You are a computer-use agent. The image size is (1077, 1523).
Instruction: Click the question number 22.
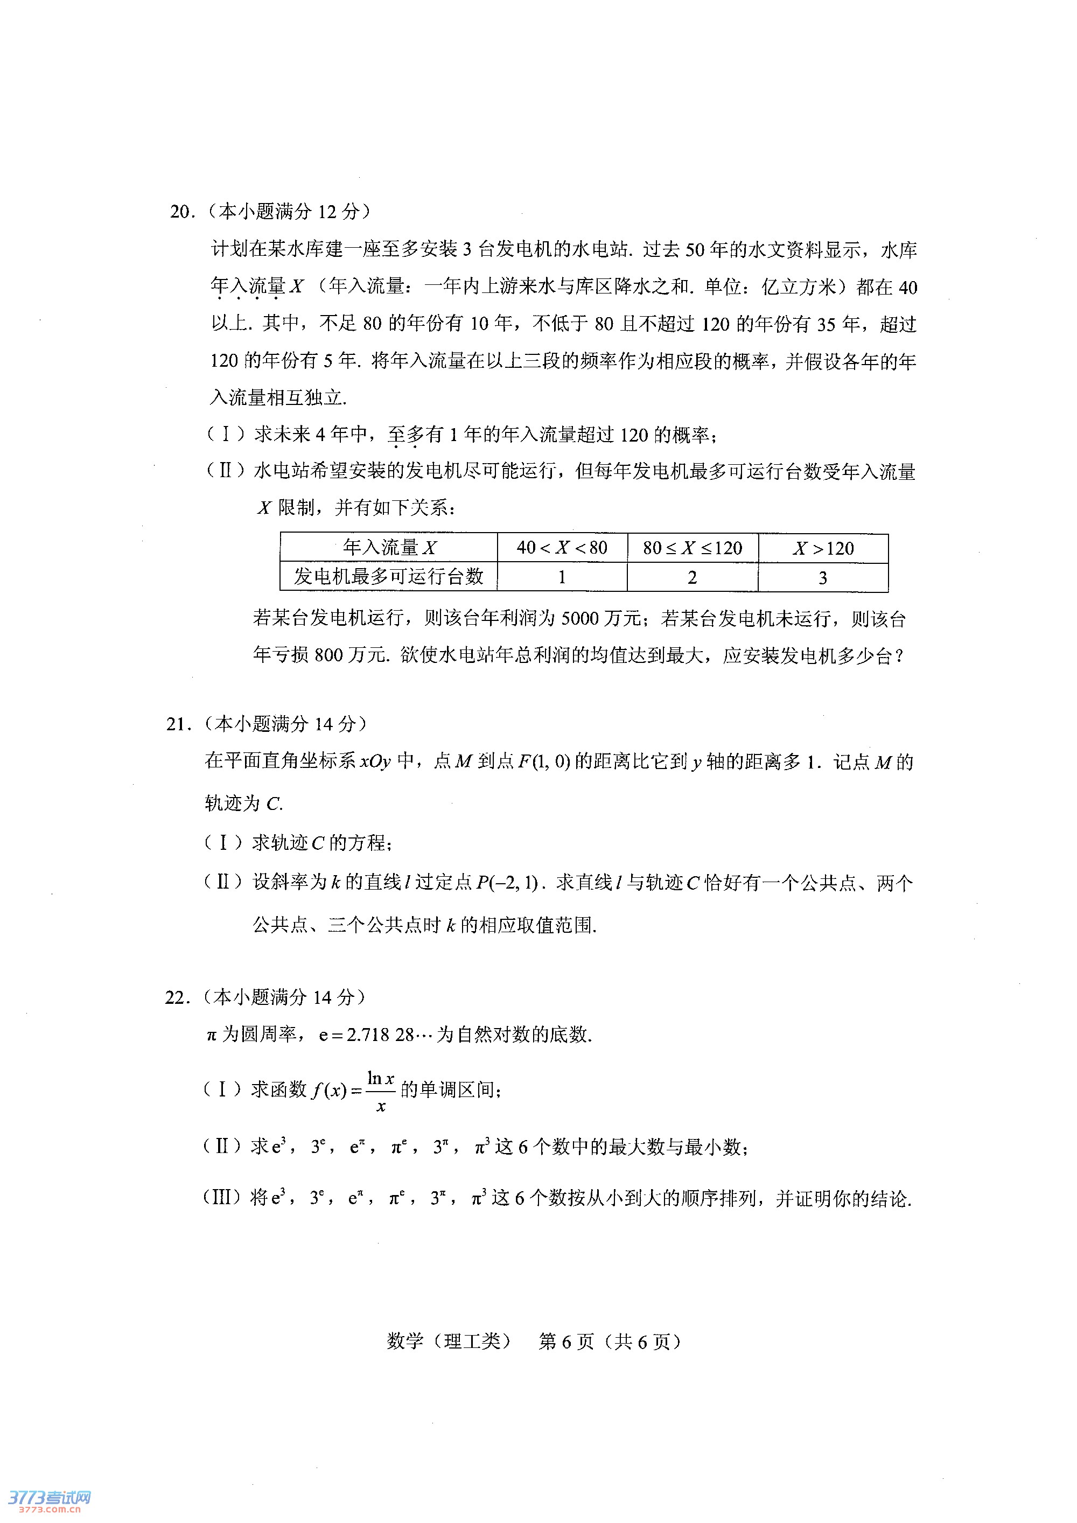click(177, 997)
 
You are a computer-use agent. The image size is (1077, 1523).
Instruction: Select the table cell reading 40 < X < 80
click(562, 548)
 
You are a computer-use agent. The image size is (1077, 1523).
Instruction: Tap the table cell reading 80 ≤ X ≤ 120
click(693, 548)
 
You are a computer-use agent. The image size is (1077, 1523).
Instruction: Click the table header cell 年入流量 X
click(389, 548)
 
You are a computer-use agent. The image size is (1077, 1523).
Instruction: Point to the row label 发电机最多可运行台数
click(389, 576)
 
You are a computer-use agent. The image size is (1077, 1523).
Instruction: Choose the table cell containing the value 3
click(823, 578)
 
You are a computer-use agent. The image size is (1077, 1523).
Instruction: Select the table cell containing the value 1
click(562, 577)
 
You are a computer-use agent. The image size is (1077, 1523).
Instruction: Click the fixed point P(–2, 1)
click(506, 883)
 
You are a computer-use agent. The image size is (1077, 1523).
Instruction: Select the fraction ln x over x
click(381, 1091)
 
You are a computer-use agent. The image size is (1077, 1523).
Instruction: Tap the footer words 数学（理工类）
click(449, 1342)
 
